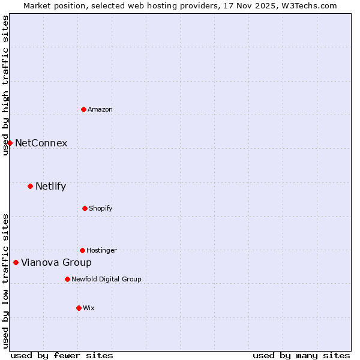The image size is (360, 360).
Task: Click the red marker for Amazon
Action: point(83,109)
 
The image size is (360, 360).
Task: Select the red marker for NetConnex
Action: point(10,143)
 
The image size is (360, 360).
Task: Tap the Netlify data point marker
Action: point(30,186)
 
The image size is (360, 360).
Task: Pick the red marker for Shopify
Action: point(85,208)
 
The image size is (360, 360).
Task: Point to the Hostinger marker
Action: point(82,250)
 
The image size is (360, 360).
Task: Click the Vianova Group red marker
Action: point(16,262)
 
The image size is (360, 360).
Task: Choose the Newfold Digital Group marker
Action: point(67,279)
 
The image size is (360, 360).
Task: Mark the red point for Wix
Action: point(79,308)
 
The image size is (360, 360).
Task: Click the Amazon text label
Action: point(100,109)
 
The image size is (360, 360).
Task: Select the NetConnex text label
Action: point(41,143)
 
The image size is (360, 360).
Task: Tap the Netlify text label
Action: point(51,186)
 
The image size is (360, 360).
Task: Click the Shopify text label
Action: point(101,208)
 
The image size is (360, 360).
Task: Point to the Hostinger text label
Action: point(101,250)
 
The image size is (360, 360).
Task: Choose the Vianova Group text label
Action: point(56,262)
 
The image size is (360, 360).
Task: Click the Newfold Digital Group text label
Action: point(106,279)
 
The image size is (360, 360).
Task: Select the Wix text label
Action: point(89,308)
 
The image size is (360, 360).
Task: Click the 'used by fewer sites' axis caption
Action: point(62,355)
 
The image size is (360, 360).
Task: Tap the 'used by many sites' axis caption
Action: point(301,355)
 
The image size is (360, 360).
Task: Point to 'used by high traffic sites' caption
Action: point(5,85)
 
